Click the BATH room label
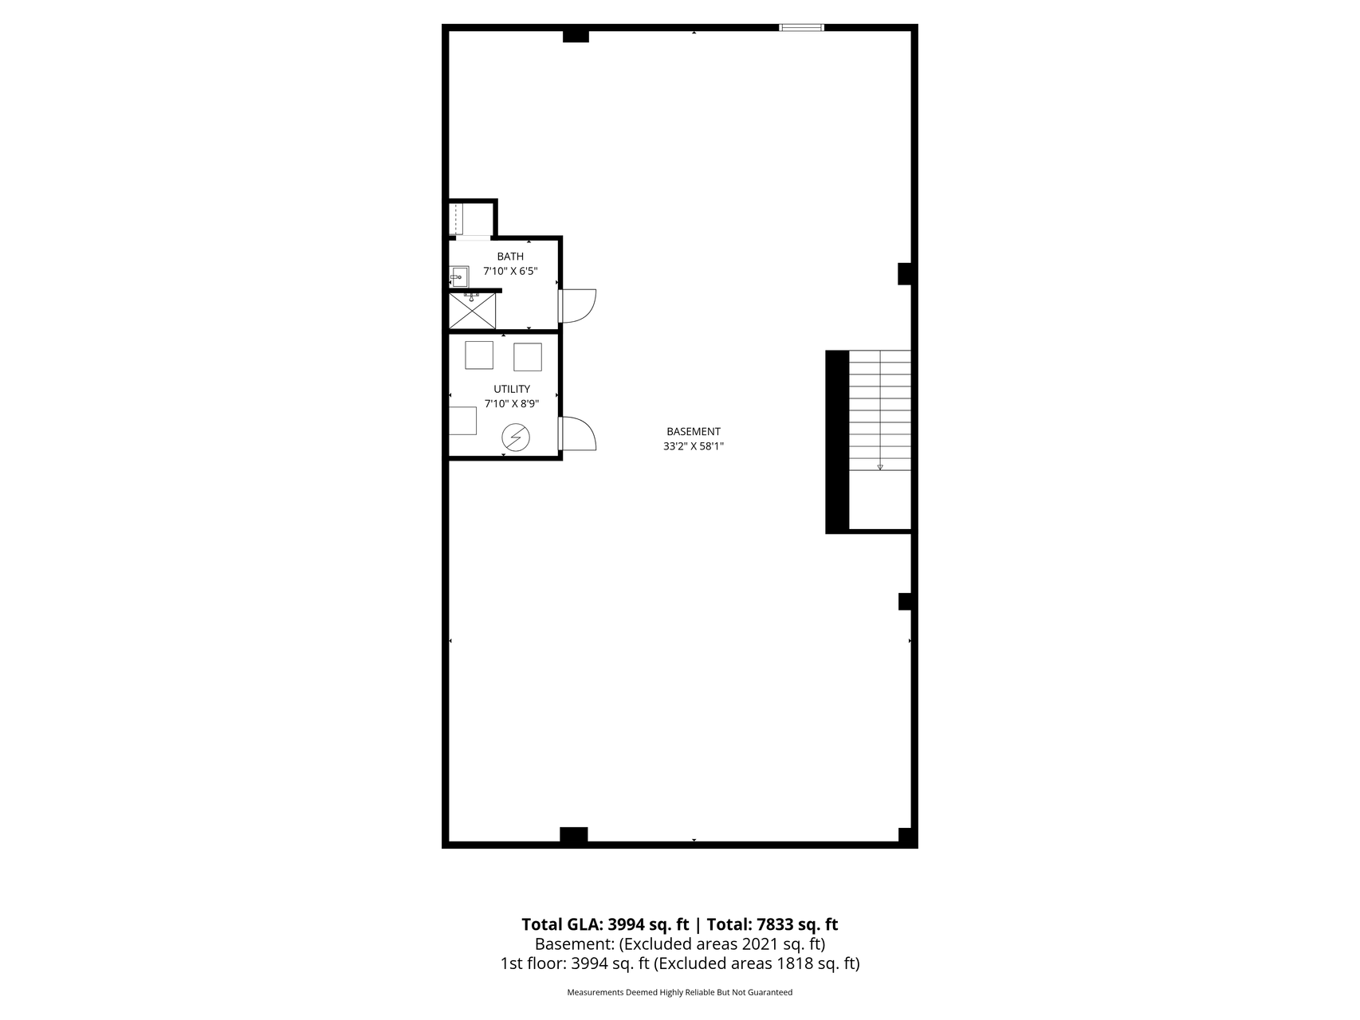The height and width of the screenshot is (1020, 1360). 510,257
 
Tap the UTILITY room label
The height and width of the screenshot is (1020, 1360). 512,389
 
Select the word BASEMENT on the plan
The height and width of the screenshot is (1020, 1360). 694,432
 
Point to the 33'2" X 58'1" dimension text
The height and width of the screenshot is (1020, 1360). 694,446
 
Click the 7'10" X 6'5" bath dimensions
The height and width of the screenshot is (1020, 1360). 510,271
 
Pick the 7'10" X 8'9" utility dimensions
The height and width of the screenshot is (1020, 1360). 512,403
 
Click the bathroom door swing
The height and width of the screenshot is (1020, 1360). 578,305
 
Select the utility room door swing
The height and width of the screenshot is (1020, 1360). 578,434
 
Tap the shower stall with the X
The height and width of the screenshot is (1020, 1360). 473,311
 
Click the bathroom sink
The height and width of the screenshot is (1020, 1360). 458,277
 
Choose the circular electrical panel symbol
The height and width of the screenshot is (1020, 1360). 515,437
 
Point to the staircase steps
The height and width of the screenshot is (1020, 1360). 880,410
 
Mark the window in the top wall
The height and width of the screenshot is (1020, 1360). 802,28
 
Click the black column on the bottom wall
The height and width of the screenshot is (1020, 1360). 574,835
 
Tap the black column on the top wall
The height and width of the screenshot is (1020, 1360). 576,35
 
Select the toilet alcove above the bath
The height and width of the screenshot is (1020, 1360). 471,219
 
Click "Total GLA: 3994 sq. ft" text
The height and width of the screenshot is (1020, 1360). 605,924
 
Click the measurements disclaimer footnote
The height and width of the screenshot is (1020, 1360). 680,993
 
